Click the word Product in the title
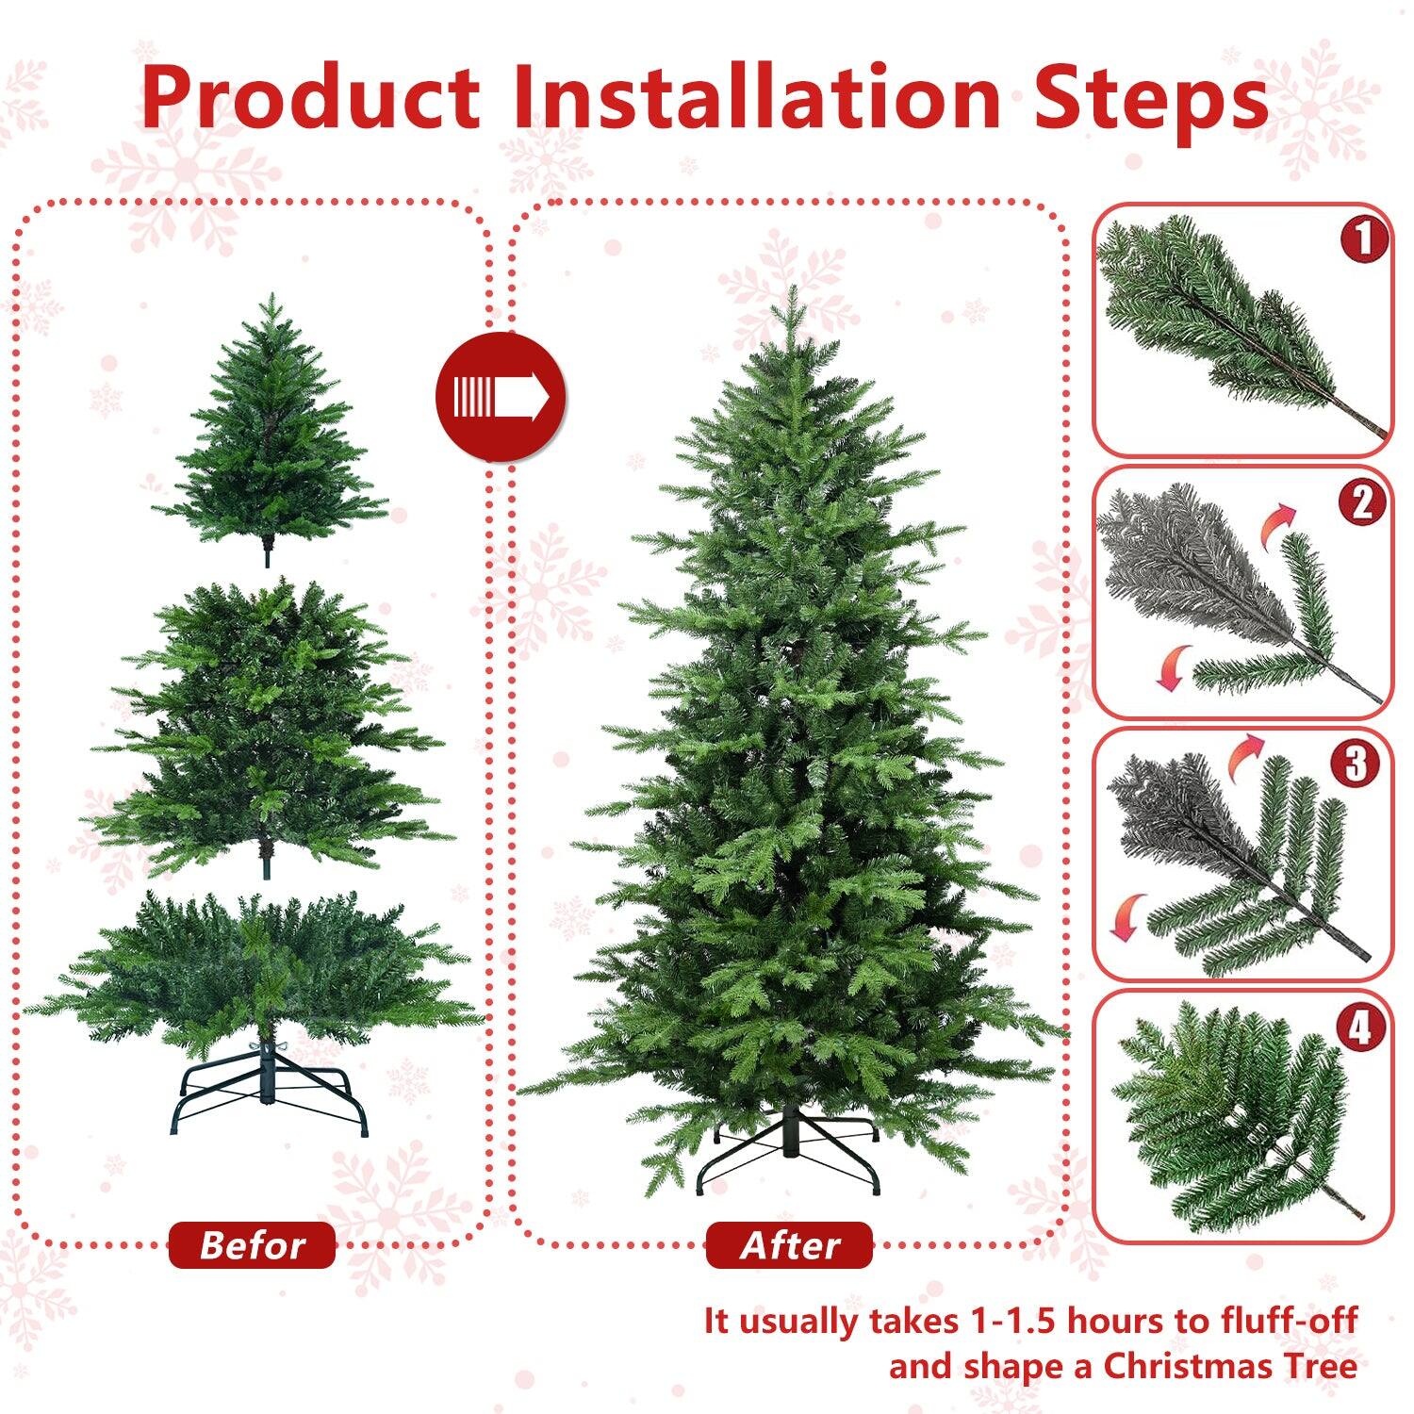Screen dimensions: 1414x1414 click(311, 99)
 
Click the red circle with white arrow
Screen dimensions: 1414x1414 click(501, 397)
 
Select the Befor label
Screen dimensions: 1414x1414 click(252, 1245)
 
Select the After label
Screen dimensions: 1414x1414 click(789, 1245)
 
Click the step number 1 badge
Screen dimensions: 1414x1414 click(1363, 240)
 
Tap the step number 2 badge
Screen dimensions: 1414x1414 click(1362, 502)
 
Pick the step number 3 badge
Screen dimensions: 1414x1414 click(1356, 765)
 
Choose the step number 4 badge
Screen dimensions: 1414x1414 click(1359, 1027)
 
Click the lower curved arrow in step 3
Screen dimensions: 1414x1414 click(1126, 917)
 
